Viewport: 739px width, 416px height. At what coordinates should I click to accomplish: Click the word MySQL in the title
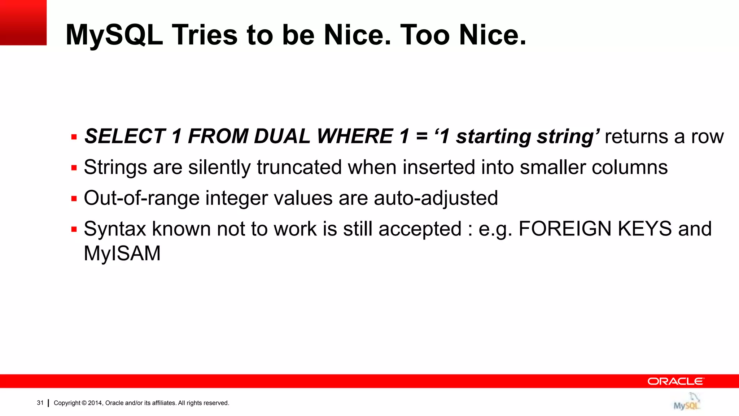pyautogui.click(x=114, y=35)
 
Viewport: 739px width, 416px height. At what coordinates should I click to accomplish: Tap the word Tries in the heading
pyautogui.click(x=204, y=35)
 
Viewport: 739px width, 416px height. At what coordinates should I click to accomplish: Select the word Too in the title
pyautogui.click(x=425, y=35)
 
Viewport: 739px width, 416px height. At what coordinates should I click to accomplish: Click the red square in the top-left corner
pyautogui.click(x=23, y=22)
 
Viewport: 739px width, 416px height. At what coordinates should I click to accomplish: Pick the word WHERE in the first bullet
pyautogui.click(x=355, y=136)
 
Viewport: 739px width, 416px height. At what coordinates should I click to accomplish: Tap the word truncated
pyautogui.click(x=299, y=167)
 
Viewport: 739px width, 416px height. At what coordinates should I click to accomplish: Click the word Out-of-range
pyautogui.click(x=141, y=198)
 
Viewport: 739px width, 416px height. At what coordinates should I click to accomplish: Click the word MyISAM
pyautogui.click(x=122, y=253)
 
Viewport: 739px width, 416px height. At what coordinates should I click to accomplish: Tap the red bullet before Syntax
pyautogui.click(x=74, y=229)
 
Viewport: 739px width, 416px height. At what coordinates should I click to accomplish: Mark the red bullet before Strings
pyautogui.click(x=74, y=168)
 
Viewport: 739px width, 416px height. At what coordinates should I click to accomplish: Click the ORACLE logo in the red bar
pyautogui.click(x=675, y=381)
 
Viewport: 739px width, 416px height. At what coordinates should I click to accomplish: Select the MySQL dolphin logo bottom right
pyautogui.click(x=687, y=402)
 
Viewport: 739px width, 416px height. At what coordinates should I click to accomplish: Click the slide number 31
pyautogui.click(x=40, y=403)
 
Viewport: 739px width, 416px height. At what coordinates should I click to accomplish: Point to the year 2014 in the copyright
pyautogui.click(x=95, y=403)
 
